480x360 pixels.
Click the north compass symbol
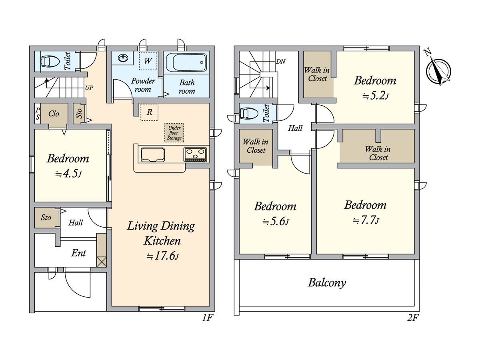(x=438, y=71)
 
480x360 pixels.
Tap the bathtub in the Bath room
(x=186, y=62)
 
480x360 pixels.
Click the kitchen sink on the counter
(x=153, y=155)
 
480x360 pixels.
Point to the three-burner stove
(x=195, y=155)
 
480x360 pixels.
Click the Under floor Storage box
(x=174, y=133)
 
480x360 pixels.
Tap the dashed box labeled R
(x=149, y=112)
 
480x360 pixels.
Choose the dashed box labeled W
(x=148, y=61)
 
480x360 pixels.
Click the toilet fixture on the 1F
(x=50, y=62)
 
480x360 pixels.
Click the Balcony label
(x=327, y=283)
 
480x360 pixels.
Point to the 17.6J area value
(x=163, y=256)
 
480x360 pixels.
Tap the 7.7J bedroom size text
(x=366, y=220)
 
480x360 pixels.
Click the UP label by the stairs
(x=89, y=88)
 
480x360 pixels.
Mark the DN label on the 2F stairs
(x=281, y=62)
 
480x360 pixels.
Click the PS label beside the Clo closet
(x=38, y=114)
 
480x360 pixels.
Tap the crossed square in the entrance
(x=102, y=262)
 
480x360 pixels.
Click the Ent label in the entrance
(x=78, y=253)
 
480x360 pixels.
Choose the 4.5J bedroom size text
(x=68, y=174)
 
